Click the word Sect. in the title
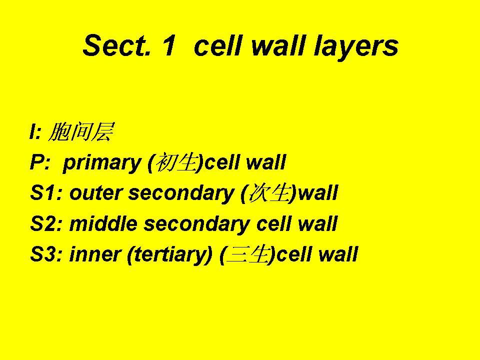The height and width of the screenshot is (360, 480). [116, 45]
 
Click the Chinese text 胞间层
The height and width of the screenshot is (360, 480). [81, 132]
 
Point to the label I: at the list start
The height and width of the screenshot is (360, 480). [35, 132]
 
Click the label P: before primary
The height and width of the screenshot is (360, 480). [40, 162]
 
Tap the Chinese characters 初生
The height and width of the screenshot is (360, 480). [175, 162]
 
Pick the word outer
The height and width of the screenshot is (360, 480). [96, 194]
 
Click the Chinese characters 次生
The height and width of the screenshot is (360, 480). [269, 193]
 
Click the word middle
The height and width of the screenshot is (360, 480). [103, 223]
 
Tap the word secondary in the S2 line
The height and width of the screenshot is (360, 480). [196, 224]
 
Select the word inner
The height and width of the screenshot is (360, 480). [95, 254]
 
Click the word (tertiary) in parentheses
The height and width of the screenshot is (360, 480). [170, 255]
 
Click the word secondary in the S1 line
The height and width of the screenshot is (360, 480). [181, 194]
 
